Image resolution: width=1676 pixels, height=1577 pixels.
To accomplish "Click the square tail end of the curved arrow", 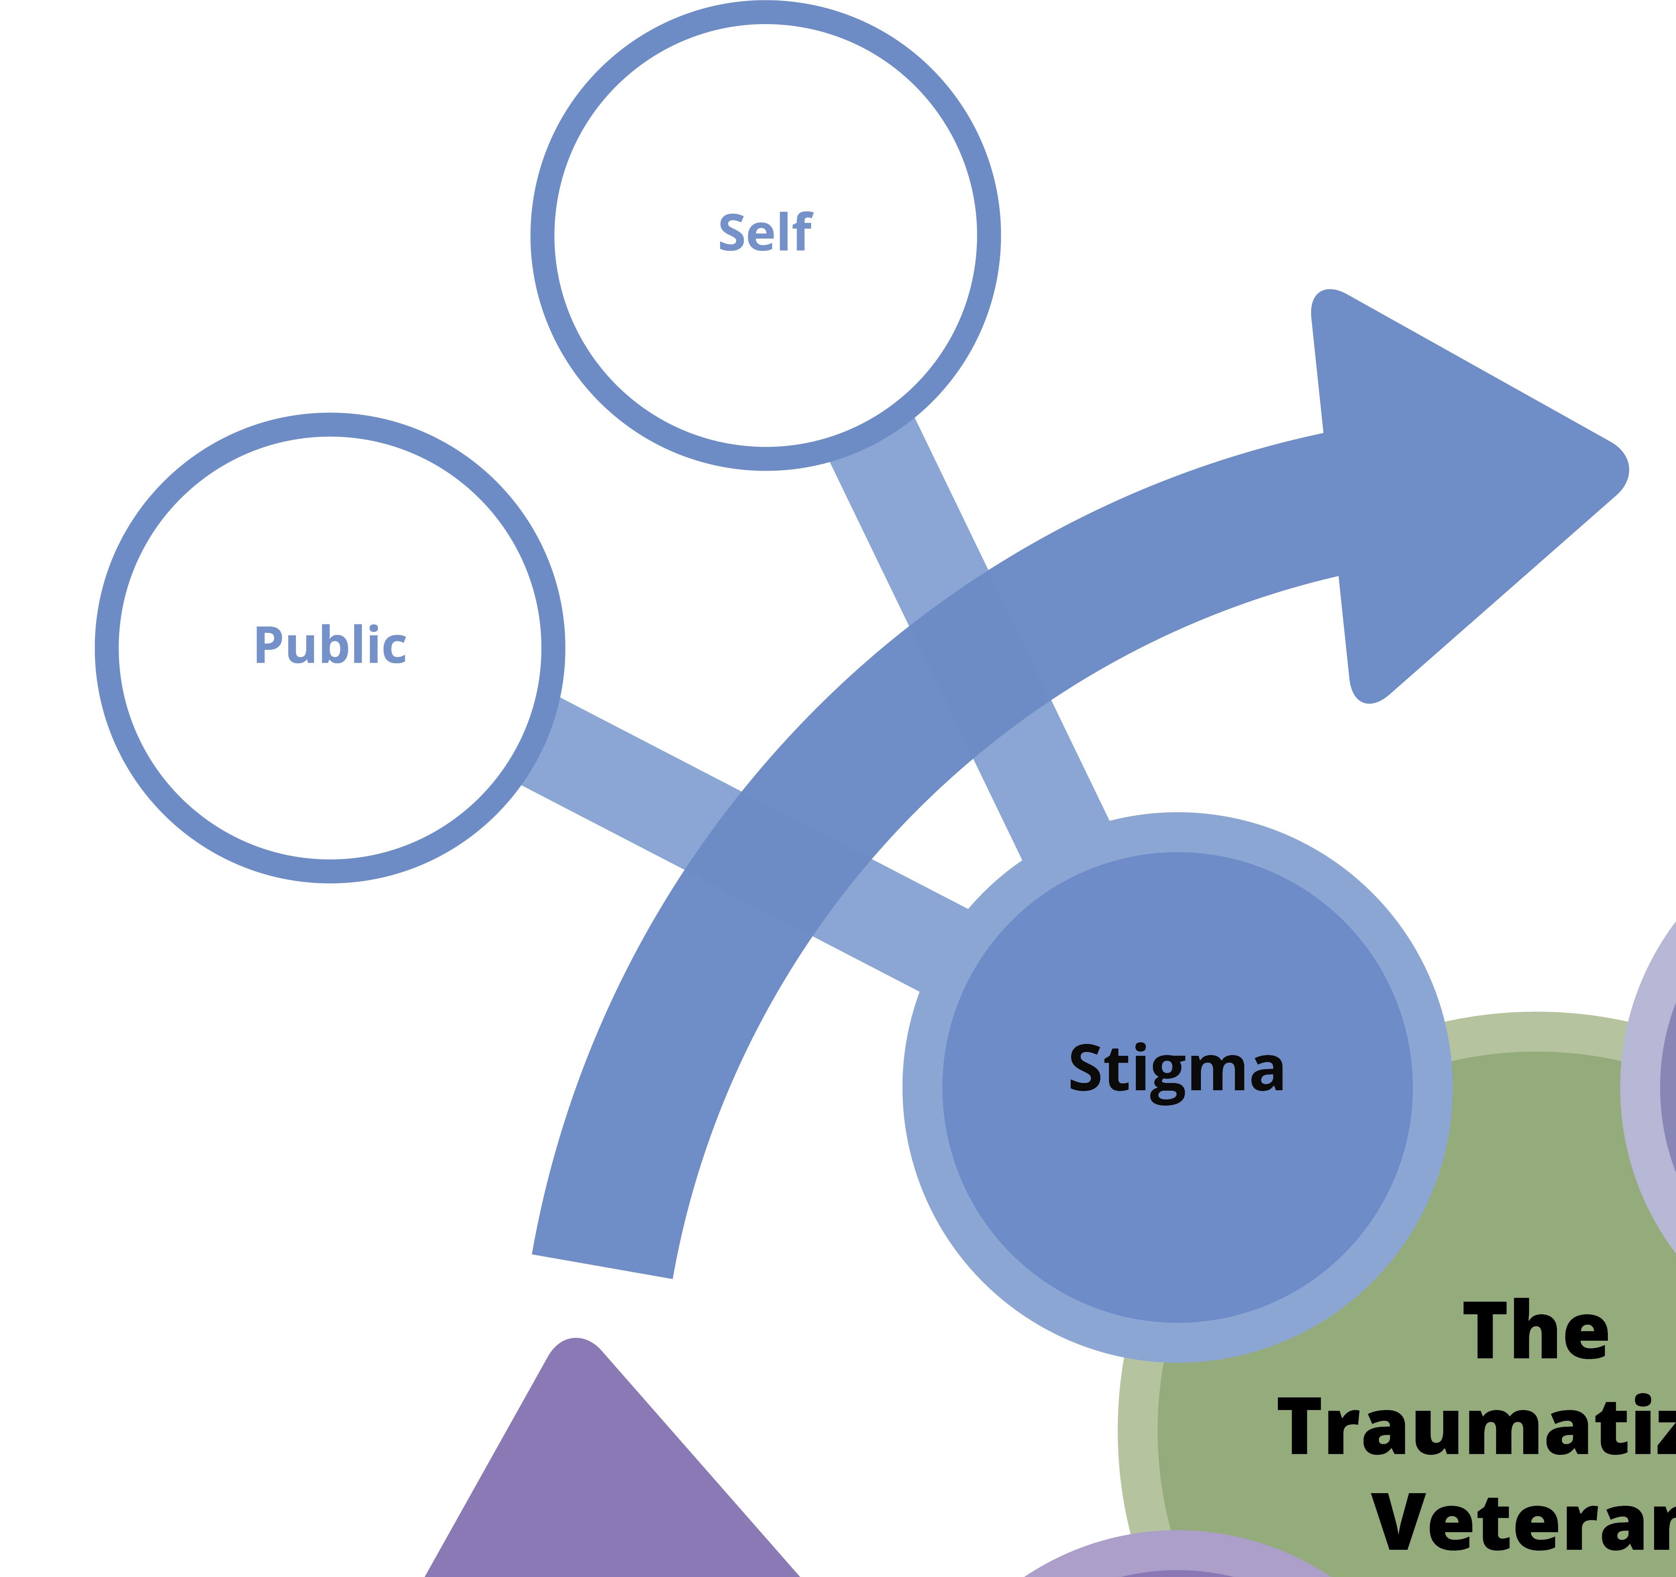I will (602, 1265).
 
